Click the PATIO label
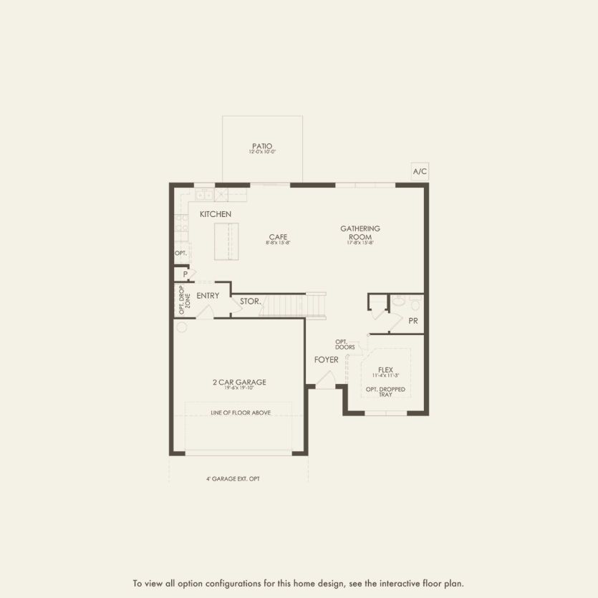262,146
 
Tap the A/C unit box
420,171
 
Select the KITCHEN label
215,214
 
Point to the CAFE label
279,237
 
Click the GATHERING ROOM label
360,233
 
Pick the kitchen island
226,241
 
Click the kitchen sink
204,194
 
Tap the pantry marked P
185,274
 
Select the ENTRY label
208,296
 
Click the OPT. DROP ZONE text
185,299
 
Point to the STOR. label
250,302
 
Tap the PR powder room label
413,321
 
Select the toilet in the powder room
398,303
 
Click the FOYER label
326,360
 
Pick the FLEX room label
386,370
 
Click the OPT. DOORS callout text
344,344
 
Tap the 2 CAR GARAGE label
238,382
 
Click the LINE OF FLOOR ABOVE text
241,413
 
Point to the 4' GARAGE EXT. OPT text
238,478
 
